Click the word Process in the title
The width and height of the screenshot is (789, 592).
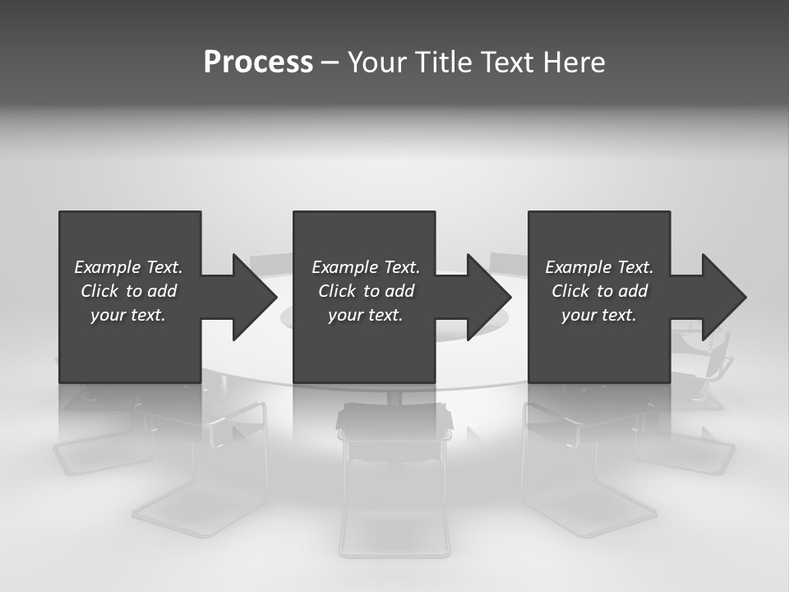[258, 62]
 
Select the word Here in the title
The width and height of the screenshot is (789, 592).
[574, 62]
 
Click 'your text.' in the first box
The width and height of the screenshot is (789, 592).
[128, 315]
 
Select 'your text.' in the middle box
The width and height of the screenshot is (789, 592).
[366, 315]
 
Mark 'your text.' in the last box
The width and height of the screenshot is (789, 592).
[599, 315]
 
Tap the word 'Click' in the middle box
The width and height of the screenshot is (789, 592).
[338, 291]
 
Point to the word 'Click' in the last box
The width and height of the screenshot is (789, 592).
[571, 291]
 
